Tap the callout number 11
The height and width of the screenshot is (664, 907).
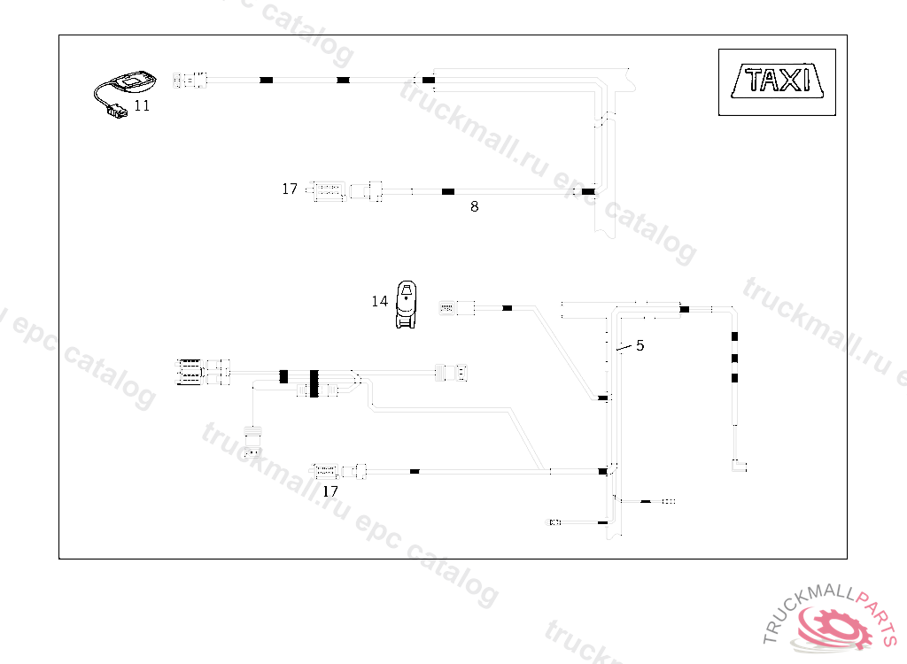click(x=142, y=105)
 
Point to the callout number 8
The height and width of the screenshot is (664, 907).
click(x=475, y=206)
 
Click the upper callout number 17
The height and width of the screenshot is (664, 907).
click(x=290, y=189)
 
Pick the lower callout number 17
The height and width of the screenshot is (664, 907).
click(x=330, y=490)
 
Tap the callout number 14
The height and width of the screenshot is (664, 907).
click(x=379, y=301)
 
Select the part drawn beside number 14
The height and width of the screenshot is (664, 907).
click(x=407, y=304)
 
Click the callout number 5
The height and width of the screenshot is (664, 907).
click(x=640, y=345)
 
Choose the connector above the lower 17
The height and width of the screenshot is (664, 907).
click(x=328, y=469)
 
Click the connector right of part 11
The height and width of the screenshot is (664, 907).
click(x=190, y=81)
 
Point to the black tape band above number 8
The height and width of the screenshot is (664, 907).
click(x=448, y=191)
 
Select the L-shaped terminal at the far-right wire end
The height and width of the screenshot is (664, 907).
click(x=739, y=465)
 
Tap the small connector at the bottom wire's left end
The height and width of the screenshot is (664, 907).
click(x=555, y=522)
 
